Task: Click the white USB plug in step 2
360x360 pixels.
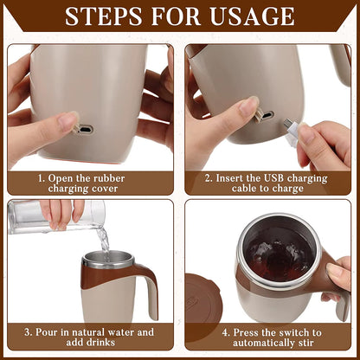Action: (293, 131)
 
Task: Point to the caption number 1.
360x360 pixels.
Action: (39, 178)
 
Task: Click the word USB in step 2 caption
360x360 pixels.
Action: (276, 178)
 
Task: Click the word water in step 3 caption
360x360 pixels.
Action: (113, 331)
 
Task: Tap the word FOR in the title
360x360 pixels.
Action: (176, 17)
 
